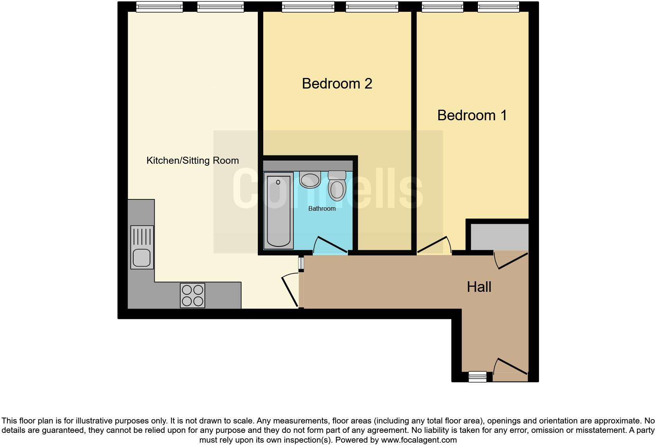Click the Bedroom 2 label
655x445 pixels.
(337, 83)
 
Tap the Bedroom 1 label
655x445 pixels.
(472, 115)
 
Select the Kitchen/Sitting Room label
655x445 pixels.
(192, 161)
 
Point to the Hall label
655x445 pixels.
(479, 287)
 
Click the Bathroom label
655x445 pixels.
(322, 209)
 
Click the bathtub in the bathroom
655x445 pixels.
(279, 211)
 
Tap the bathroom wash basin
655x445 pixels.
(310, 180)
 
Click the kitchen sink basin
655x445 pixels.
(141, 258)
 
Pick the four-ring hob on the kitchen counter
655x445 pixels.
(192, 295)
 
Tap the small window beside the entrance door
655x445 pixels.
(478, 377)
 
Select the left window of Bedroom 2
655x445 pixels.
(308, 7)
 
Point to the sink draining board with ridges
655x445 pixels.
(142, 237)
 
